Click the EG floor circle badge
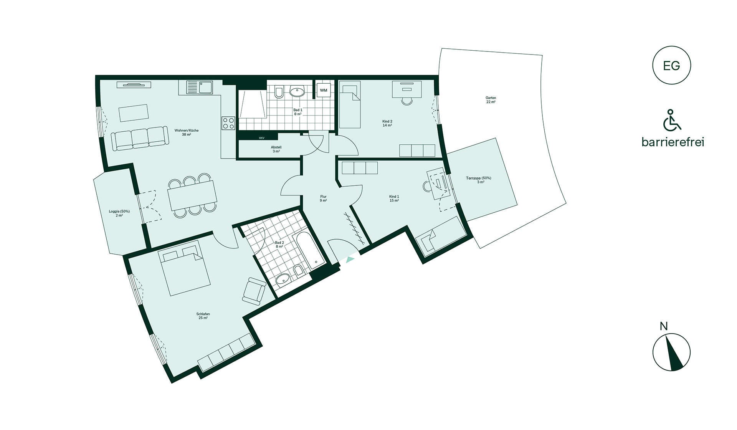pyautogui.click(x=671, y=65)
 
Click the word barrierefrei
pyautogui.click(x=673, y=142)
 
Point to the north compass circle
pyautogui.click(x=671, y=352)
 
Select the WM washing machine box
pyautogui.click(x=324, y=90)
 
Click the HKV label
pyautogui.click(x=261, y=138)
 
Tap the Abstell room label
pyautogui.click(x=276, y=149)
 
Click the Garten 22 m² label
pyautogui.click(x=491, y=100)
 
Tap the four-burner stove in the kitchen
pyautogui.click(x=228, y=123)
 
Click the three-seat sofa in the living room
pyautogui.click(x=140, y=138)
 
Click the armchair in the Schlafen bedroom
pyautogui.click(x=254, y=291)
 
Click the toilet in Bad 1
pyautogui.click(x=279, y=92)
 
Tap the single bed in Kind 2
pyautogui.click(x=350, y=104)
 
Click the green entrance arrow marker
pyautogui.click(x=350, y=260)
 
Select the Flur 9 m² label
pyautogui.click(x=323, y=198)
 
